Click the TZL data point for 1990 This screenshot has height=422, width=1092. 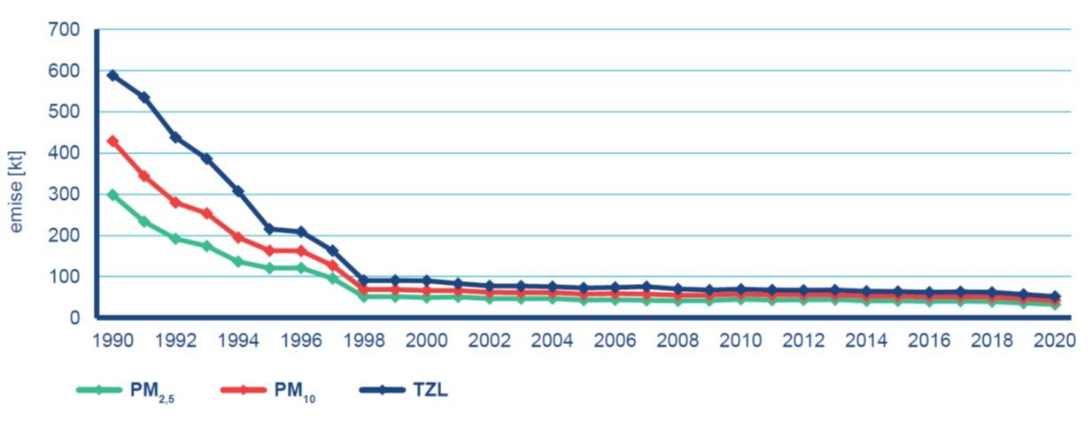[x=112, y=75]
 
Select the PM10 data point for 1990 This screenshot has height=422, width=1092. [x=112, y=141]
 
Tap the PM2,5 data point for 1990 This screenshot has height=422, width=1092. [x=112, y=195]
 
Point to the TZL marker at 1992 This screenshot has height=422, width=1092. [x=175, y=137]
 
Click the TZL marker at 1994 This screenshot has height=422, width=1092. [x=238, y=191]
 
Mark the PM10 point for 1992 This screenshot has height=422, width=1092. [x=175, y=203]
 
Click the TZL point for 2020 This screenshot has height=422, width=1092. [x=1055, y=297]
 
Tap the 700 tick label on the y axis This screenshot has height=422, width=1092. [x=67, y=30]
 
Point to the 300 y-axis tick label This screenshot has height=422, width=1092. [x=67, y=195]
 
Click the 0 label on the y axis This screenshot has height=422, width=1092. [x=75, y=318]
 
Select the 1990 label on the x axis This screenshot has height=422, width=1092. [x=112, y=340]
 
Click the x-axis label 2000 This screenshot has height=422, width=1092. [x=427, y=340]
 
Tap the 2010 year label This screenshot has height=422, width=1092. [x=740, y=340]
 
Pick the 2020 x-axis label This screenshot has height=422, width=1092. [x=1055, y=340]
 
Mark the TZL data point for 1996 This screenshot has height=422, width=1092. [x=301, y=232]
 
